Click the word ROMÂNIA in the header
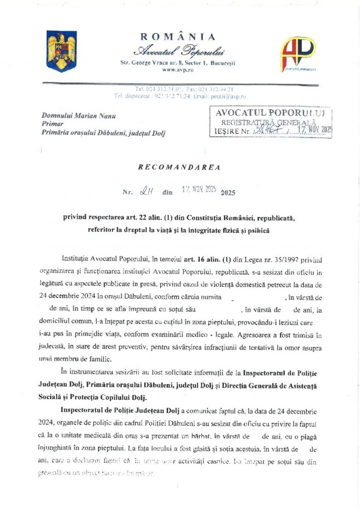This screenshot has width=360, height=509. (x=178, y=37)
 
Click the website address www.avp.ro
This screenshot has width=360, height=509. (x=178, y=70)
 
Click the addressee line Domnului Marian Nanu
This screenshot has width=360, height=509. (x=79, y=116)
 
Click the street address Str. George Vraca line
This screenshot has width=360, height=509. (x=178, y=63)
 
